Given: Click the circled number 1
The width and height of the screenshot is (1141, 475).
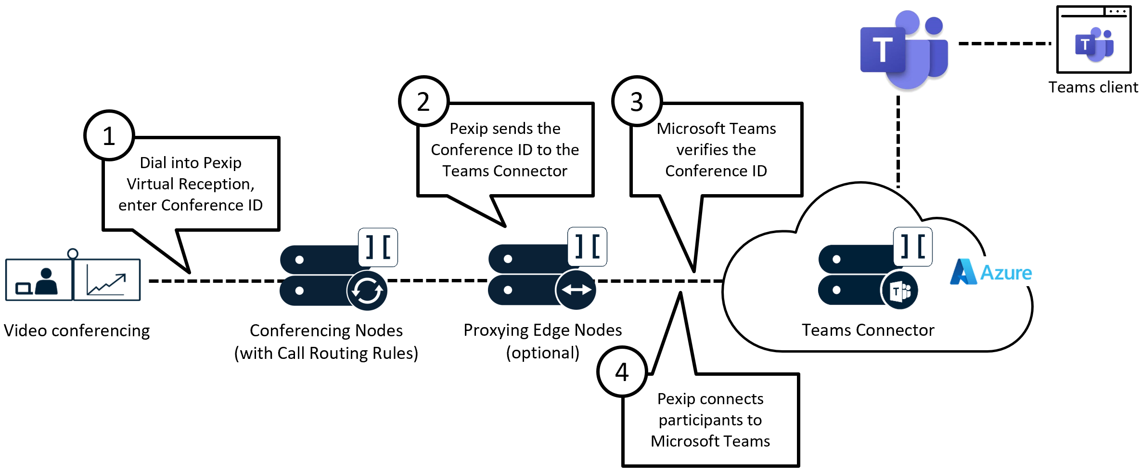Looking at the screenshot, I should tap(109, 135).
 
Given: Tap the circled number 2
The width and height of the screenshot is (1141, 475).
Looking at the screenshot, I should tap(423, 101).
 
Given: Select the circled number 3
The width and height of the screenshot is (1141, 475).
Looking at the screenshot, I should tap(637, 101).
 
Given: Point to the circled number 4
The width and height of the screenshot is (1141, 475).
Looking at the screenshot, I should tap(622, 371).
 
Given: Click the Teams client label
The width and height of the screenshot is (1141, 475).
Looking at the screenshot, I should tap(1093, 87).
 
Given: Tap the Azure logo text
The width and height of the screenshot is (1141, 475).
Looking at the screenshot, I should tap(1006, 273).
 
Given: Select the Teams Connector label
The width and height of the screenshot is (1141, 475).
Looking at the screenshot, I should tap(868, 330).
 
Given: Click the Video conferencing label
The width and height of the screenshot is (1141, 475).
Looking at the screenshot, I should tap(77, 330).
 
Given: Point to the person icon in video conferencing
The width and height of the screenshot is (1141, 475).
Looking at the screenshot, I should tap(46, 281).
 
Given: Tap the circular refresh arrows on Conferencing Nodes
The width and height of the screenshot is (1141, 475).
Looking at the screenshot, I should tap(367, 290).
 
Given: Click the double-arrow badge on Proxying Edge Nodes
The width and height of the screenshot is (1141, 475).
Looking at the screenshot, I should tap(576, 290).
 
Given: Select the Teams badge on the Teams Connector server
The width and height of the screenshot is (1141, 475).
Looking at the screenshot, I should tap(899, 290).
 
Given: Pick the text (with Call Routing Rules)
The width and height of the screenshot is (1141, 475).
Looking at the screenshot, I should tap(326, 353).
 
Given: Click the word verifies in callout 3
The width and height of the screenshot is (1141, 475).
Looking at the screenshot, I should tap(716, 150).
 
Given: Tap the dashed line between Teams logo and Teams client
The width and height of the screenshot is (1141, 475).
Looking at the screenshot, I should tap(1004, 43).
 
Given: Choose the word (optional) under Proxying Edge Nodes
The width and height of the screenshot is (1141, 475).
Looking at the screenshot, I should tap(542, 353).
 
